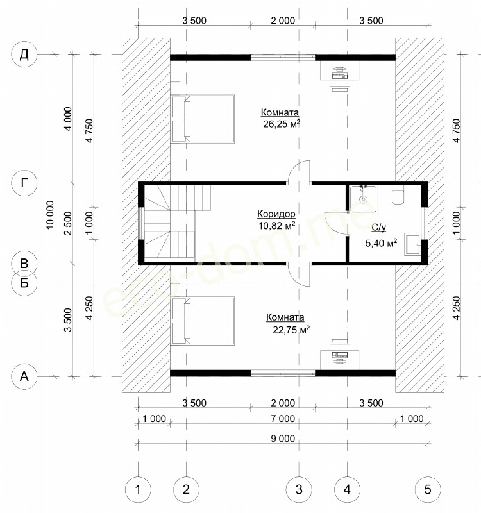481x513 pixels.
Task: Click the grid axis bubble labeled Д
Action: (24, 55)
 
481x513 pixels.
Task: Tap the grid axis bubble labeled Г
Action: (24, 183)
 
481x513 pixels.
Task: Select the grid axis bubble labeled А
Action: (24, 376)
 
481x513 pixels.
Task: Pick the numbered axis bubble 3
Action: (299, 489)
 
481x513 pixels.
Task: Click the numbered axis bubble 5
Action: (428, 489)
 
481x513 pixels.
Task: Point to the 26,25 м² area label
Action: (282, 124)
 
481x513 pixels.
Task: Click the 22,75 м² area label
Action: (291, 330)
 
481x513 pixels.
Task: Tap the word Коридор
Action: (276, 214)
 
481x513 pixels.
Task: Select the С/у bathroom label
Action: (379, 228)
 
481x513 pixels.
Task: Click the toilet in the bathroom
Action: (398, 196)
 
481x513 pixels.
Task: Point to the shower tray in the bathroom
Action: (363, 199)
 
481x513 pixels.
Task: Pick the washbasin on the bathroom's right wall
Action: (412, 244)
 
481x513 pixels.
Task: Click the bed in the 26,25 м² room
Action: (203, 119)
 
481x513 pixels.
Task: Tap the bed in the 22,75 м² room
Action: (203, 321)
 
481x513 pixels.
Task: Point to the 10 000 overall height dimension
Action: (49, 215)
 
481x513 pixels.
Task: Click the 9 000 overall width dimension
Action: (283, 439)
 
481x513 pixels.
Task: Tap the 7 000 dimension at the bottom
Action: (283, 419)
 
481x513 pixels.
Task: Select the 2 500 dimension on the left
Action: (68, 223)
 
